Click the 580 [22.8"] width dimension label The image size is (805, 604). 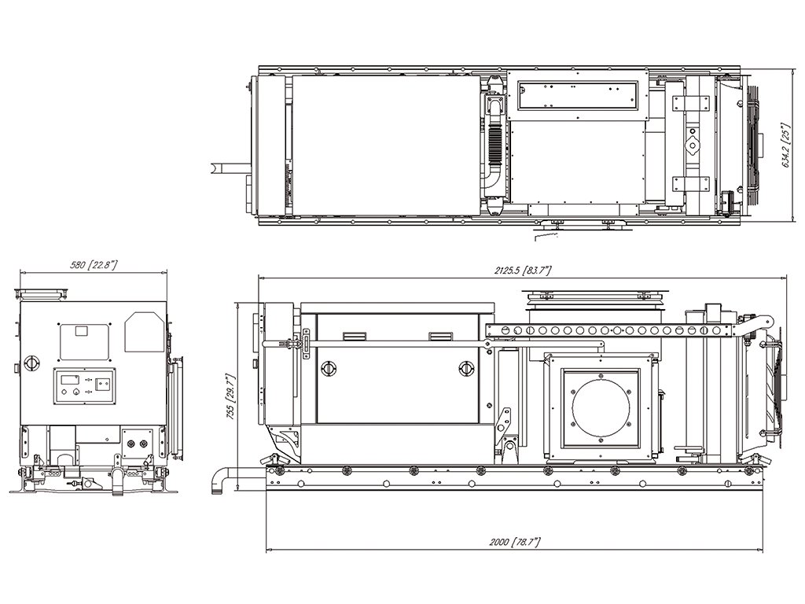(x=94, y=266)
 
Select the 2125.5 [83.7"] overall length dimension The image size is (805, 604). (x=523, y=271)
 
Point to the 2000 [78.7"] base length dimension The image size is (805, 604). (x=514, y=543)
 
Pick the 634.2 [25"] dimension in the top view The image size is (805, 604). (x=785, y=145)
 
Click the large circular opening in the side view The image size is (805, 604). (x=601, y=407)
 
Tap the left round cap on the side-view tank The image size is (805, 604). (x=327, y=367)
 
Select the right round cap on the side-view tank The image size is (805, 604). (x=466, y=367)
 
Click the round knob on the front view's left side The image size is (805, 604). (x=32, y=363)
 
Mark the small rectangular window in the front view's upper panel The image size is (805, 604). (x=82, y=331)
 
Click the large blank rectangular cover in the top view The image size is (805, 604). (x=384, y=145)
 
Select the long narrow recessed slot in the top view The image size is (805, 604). (x=578, y=94)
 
